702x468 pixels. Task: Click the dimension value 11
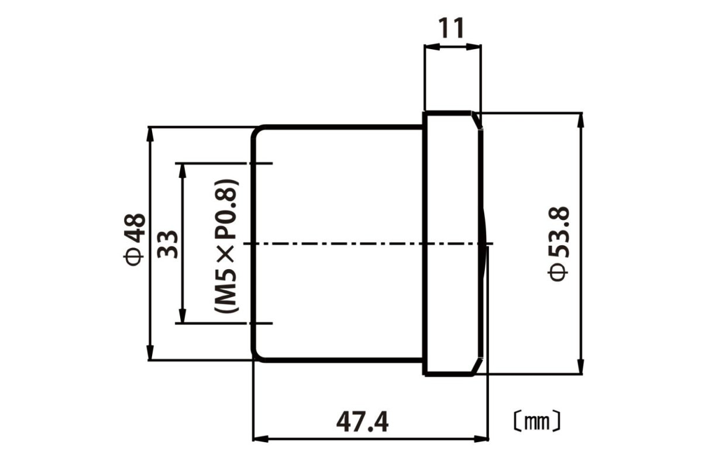[x=452, y=27]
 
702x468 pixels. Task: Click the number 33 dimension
[x=168, y=243]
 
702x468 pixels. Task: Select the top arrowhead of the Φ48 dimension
[x=150, y=132]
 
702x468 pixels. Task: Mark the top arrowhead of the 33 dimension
[x=183, y=169]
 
